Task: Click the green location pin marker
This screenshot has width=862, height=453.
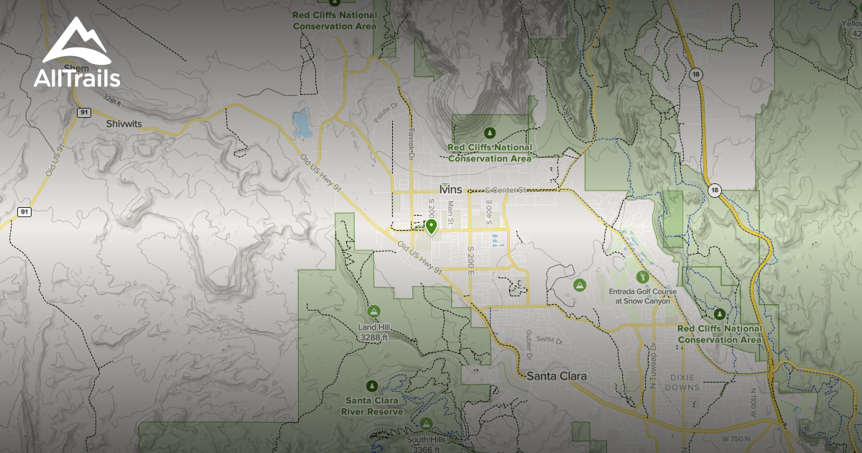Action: (431, 227)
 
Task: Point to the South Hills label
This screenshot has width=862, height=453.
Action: (427, 440)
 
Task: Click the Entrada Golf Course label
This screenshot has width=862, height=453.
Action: (639, 296)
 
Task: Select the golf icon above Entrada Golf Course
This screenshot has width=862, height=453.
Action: (641, 276)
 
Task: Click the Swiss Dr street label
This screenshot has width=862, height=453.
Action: (549, 338)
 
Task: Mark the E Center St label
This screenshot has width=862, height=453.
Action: (506, 191)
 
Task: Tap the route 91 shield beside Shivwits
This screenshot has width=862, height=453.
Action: (83, 112)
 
